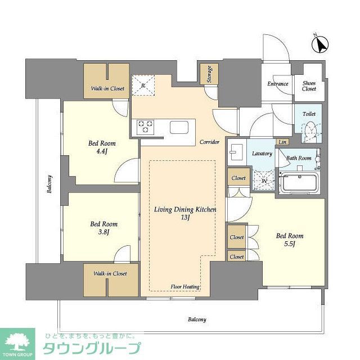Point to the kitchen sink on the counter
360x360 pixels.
pos(181,127)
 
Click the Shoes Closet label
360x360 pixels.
pos(309,86)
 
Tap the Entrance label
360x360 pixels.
pos(278,84)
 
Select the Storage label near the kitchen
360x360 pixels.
pos(209,74)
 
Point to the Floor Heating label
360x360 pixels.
pos(185,287)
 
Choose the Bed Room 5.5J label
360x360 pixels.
pos(290,240)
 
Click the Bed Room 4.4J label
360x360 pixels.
pos(102,147)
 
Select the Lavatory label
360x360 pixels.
pos(262,154)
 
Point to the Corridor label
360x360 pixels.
pos(209,142)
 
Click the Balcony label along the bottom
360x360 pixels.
pos(197,319)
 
